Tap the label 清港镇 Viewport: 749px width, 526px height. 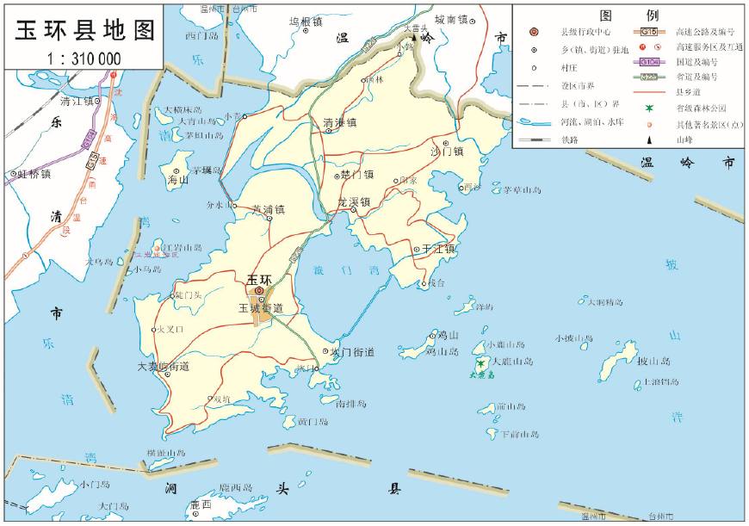click(x=339, y=122)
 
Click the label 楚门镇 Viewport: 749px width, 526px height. click(x=357, y=174)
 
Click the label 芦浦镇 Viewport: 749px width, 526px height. click(x=268, y=208)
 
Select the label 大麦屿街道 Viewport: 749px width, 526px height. click(x=164, y=366)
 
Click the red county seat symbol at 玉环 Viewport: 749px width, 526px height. click(x=260, y=291)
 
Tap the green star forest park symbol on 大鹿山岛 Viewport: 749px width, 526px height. click(x=480, y=364)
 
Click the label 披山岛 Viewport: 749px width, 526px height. click(x=653, y=361)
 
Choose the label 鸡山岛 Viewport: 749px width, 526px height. click(x=443, y=351)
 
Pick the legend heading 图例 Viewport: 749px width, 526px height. click(x=628, y=15)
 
